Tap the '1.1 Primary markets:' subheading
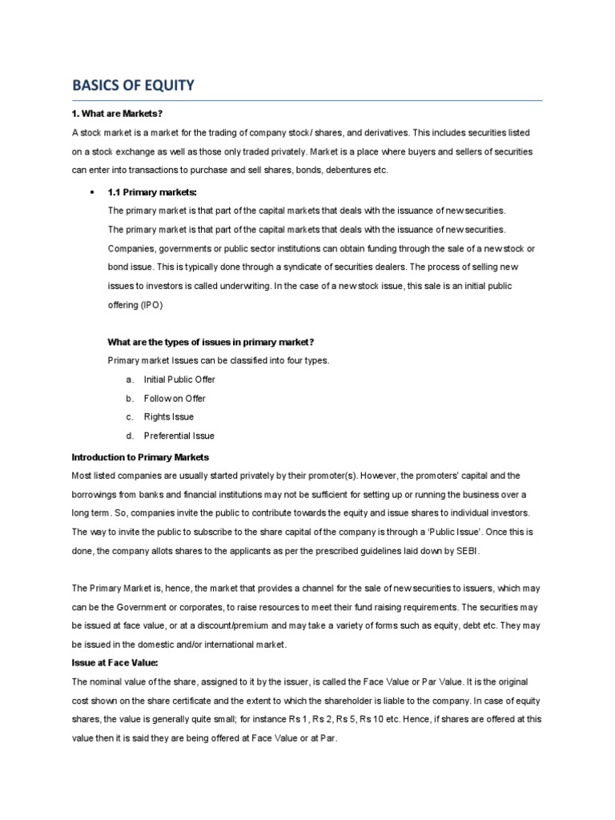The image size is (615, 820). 152,192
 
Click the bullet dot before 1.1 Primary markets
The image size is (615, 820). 94,192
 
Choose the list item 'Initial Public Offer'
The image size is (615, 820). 179,379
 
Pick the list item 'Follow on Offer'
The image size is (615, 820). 175,398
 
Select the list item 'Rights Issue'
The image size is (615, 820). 168,417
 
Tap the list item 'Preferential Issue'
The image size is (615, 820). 179,436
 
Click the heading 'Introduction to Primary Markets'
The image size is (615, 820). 140,456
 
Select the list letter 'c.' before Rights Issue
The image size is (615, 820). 129,417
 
